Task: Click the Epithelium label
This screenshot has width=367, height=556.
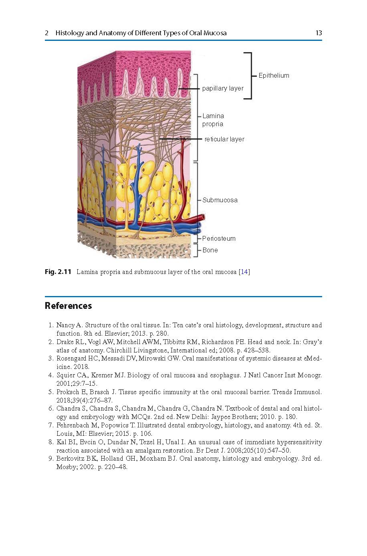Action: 274,75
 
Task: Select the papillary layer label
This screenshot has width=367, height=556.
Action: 223,88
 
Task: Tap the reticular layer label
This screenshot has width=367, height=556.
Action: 224,139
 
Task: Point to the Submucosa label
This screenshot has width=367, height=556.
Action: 220,200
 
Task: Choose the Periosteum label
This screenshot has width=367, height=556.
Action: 219,238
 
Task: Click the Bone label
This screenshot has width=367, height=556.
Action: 210,250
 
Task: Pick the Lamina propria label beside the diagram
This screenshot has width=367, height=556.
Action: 213,120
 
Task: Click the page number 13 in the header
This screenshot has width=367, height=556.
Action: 319,33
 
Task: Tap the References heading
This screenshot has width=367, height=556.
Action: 69,306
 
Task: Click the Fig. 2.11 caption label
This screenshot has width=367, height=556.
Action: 58,272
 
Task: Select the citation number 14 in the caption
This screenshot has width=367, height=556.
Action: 244,272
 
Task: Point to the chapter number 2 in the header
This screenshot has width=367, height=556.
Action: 47,33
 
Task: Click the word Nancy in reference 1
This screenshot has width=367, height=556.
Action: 65,325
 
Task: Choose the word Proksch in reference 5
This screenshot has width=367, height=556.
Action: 67,392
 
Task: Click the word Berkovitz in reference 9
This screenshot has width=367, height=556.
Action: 70,459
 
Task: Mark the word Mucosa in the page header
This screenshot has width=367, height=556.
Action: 215,33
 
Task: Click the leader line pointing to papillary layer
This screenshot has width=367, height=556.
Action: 188,88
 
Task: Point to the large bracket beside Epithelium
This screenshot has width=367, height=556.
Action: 250,75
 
